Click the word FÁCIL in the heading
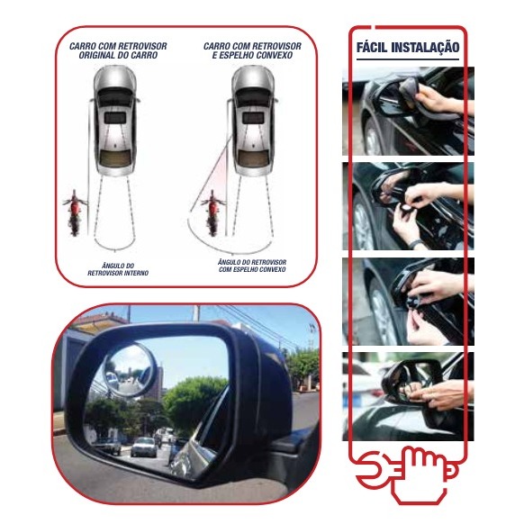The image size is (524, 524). (x=372, y=48)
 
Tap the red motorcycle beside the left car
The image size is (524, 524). (x=75, y=212)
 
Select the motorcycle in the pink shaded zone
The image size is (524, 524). (x=212, y=212)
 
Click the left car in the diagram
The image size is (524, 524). (x=115, y=121)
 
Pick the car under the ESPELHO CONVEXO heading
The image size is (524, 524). (x=253, y=121)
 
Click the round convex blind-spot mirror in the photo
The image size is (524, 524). (x=129, y=370)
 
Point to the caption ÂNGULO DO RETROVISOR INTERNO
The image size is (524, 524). (x=118, y=269)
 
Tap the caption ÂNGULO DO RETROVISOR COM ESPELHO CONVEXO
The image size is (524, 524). (x=252, y=266)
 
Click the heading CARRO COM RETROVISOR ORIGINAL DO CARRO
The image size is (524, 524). (x=118, y=50)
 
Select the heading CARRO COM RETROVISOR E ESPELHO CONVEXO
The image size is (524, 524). (x=252, y=50)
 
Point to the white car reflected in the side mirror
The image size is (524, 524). (x=144, y=447)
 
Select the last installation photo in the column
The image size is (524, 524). (x=408, y=396)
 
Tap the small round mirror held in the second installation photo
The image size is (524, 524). (x=407, y=208)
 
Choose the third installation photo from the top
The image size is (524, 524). (x=408, y=302)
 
